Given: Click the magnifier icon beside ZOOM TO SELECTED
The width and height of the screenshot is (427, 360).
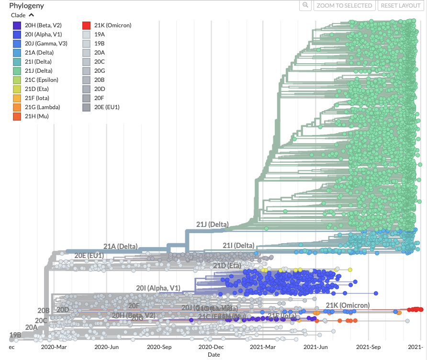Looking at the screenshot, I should click(305, 5).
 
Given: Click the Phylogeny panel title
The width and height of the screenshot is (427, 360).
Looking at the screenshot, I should click(26, 6).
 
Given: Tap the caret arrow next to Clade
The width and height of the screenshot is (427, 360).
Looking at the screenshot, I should click(32, 15).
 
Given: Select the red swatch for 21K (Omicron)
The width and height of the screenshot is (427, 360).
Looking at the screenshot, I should click(86, 25).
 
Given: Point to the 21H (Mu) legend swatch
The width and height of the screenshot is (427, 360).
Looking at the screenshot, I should click(17, 116).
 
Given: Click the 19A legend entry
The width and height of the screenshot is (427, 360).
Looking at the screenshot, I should click(100, 34).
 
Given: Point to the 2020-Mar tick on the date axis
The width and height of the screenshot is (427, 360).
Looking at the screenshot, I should click(54, 347).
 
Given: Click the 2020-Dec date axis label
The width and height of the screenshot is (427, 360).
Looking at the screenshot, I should click(211, 347).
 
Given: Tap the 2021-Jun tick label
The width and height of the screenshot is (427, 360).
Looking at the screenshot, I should click(316, 347).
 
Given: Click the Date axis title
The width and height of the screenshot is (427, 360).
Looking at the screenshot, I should click(213, 355).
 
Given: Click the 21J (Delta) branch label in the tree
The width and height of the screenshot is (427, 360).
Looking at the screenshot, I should click(212, 224).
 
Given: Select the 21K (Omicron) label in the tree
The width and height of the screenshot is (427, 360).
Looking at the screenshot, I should click(348, 305).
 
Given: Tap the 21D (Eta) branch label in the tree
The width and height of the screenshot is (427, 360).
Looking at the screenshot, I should click(226, 266).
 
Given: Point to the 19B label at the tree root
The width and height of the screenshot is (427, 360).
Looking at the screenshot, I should click(15, 335).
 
